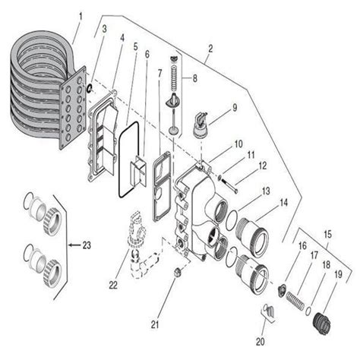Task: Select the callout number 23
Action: [88, 245]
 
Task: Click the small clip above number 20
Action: [267, 309]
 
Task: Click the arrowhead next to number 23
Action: [69, 245]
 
